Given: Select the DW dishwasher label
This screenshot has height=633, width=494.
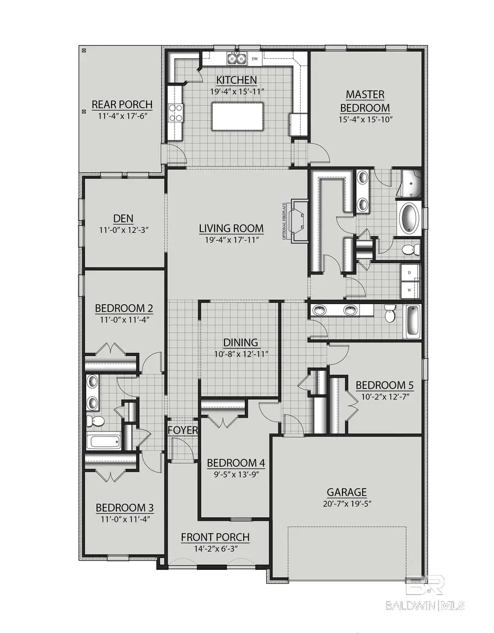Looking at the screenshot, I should (255, 58).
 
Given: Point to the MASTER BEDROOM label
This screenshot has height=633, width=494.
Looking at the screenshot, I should (365, 102).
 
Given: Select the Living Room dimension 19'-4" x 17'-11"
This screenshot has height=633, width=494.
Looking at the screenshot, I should (231, 239).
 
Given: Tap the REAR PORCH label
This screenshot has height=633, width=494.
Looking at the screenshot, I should (121, 105).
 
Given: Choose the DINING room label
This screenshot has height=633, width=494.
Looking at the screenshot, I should (240, 343).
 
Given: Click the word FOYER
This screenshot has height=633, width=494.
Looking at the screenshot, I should (182, 430).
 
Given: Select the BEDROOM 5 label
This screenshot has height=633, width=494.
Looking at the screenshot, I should (384, 384).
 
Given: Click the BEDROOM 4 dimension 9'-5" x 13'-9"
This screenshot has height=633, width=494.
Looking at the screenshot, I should (235, 474).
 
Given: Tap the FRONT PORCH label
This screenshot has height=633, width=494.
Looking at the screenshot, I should (215, 537).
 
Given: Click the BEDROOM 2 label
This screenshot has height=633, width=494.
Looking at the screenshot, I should (123, 308).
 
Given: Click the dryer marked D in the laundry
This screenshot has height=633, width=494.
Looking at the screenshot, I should (410, 273).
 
